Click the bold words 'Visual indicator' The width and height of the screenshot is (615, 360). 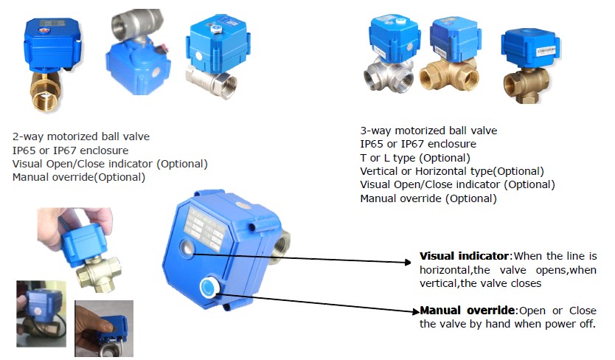tap(464, 256)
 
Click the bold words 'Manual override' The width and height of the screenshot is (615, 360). tap(467, 310)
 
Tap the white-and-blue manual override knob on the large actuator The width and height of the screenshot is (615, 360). tap(208, 287)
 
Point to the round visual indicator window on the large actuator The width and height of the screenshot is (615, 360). tap(187, 248)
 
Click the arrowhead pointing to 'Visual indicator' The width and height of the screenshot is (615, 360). tap(408, 262)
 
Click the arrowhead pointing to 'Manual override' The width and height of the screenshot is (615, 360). tap(416, 312)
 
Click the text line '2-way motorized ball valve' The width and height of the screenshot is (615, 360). tap(81, 136)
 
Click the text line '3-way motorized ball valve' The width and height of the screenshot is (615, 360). tap(428, 131)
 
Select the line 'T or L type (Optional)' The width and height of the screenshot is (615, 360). tap(415, 158)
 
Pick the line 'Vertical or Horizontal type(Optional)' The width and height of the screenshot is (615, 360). tap(452, 171)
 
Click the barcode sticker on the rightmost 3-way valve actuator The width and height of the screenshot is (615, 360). tap(545, 51)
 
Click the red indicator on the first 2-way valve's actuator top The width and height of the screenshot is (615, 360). tap(44, 30)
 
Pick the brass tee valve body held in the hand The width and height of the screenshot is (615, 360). tap(99, 272)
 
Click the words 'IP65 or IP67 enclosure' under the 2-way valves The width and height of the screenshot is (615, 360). tap(70, 150)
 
